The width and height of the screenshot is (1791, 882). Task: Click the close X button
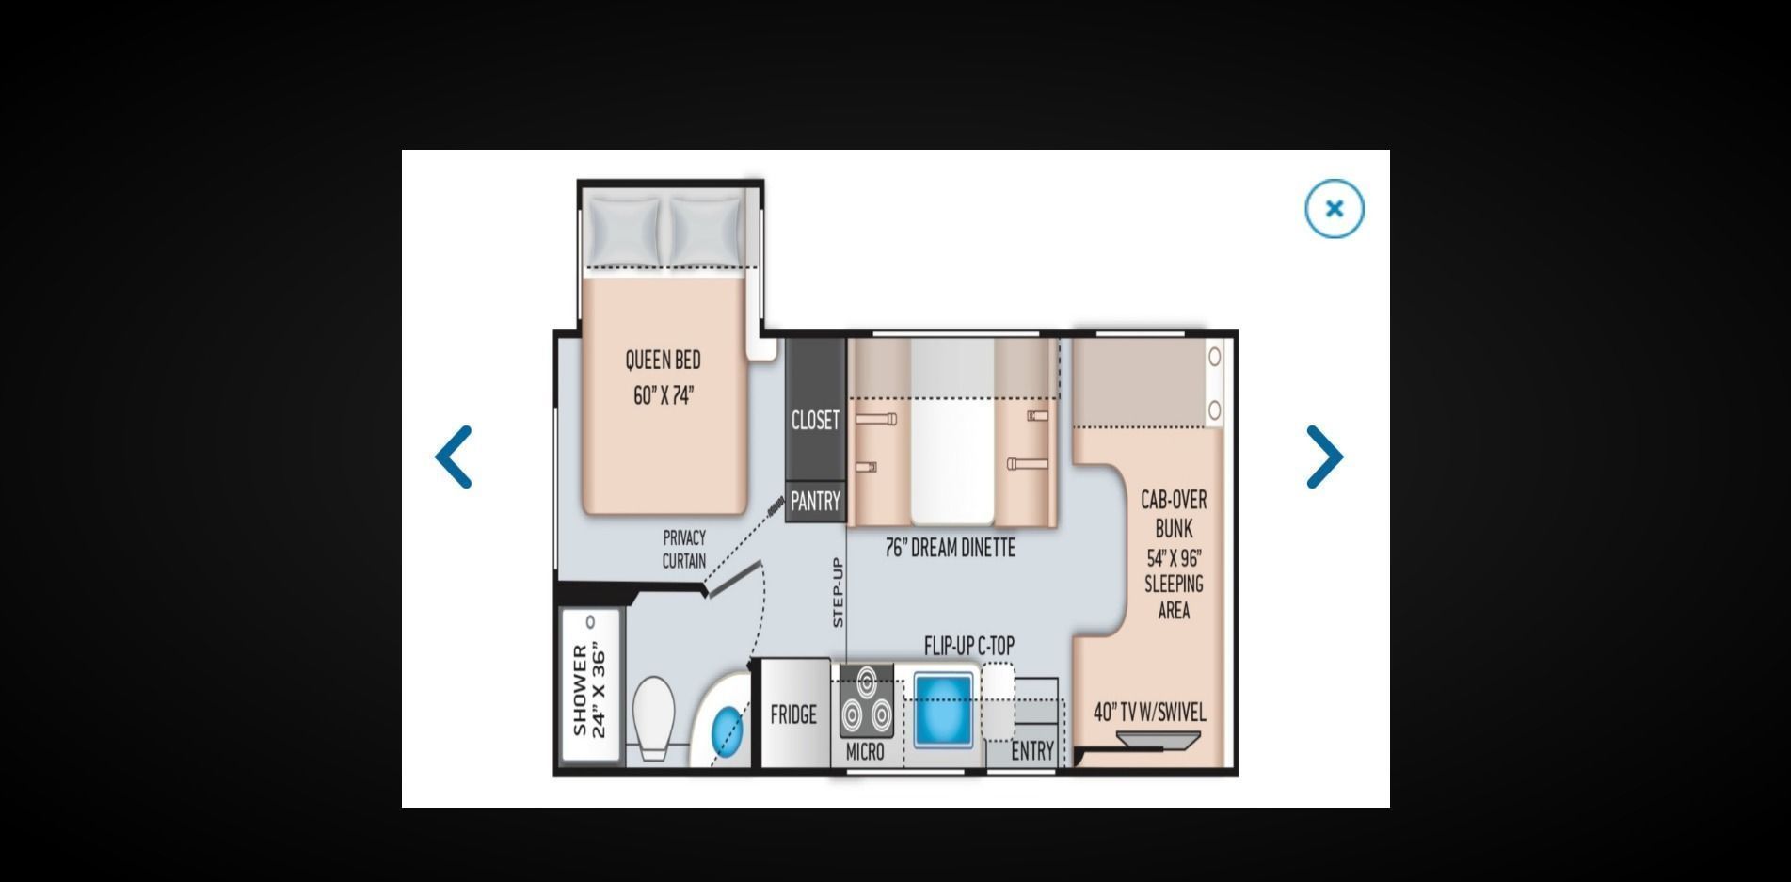click(x=1334, y=209)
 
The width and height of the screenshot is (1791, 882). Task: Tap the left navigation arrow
click(x=453, y=457)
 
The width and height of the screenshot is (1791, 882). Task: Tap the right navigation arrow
click(x=1325, y=457)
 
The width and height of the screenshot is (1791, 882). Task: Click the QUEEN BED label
click(x=663, y=360)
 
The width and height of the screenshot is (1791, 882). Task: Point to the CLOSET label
click(x=815, y=420)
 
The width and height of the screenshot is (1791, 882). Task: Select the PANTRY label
click(x=815, y=502)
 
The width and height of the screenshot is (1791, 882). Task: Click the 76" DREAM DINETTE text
click(x=950, y=548)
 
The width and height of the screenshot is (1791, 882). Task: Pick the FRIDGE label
click(x=793, y=714)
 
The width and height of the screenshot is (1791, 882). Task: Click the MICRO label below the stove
click(x=865, y=751)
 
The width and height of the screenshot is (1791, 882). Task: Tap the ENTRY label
click(x=1032, y=751)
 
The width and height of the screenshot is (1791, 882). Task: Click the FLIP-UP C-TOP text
click(x=969, y=646)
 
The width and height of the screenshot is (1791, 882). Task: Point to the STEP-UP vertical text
click(x=838, y=592)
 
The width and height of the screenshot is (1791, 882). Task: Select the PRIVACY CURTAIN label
click(x=684, y=549)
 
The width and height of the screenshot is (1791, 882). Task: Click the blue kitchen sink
click(x=943, y=711)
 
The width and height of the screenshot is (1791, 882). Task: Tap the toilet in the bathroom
click(x=652, y=717)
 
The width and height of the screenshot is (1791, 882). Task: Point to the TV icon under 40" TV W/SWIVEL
click(x=1159, y=740)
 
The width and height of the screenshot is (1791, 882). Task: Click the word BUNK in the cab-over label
click(x=1174, y=528)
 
